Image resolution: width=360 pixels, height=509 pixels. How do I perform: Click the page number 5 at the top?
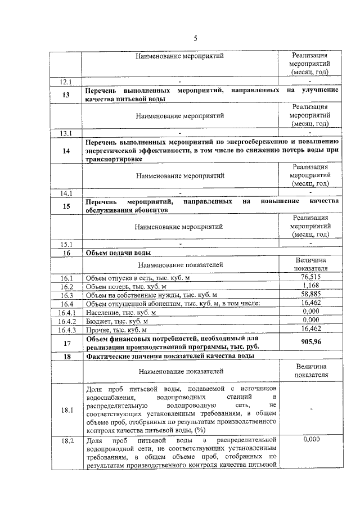(195, 38)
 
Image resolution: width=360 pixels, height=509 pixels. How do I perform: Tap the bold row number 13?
(67, 94)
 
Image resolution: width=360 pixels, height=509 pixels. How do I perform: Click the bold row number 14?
(67, 150)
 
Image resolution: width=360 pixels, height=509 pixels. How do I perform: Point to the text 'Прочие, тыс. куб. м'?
(115, 330)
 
